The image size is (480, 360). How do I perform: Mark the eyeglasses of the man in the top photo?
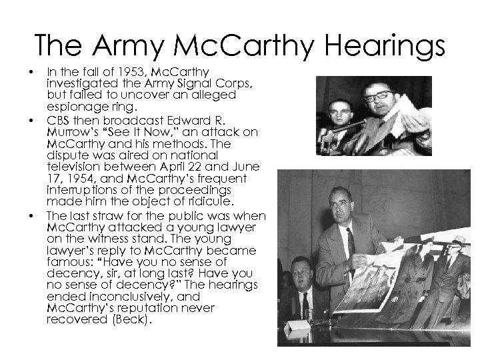[379, 95]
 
